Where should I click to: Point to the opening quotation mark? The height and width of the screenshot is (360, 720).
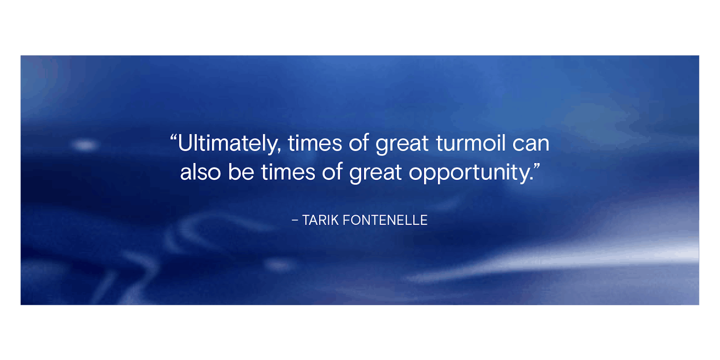(173, 138)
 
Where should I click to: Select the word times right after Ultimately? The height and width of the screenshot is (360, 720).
(315, 144)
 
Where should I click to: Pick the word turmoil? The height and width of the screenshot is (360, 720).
(471, 143)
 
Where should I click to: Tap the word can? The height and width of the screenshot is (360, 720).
(531, 144)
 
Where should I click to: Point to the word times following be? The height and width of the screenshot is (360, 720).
(288, 172)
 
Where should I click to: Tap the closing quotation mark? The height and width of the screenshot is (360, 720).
(536, 167)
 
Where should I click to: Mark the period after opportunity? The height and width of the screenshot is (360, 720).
(530, 179)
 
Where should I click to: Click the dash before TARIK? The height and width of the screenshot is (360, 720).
(295, 220)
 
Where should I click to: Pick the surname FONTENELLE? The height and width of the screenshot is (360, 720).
(385, 220)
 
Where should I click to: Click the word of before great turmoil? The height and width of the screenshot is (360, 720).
(359, 143)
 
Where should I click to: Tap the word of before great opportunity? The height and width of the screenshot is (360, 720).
(332, 172)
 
